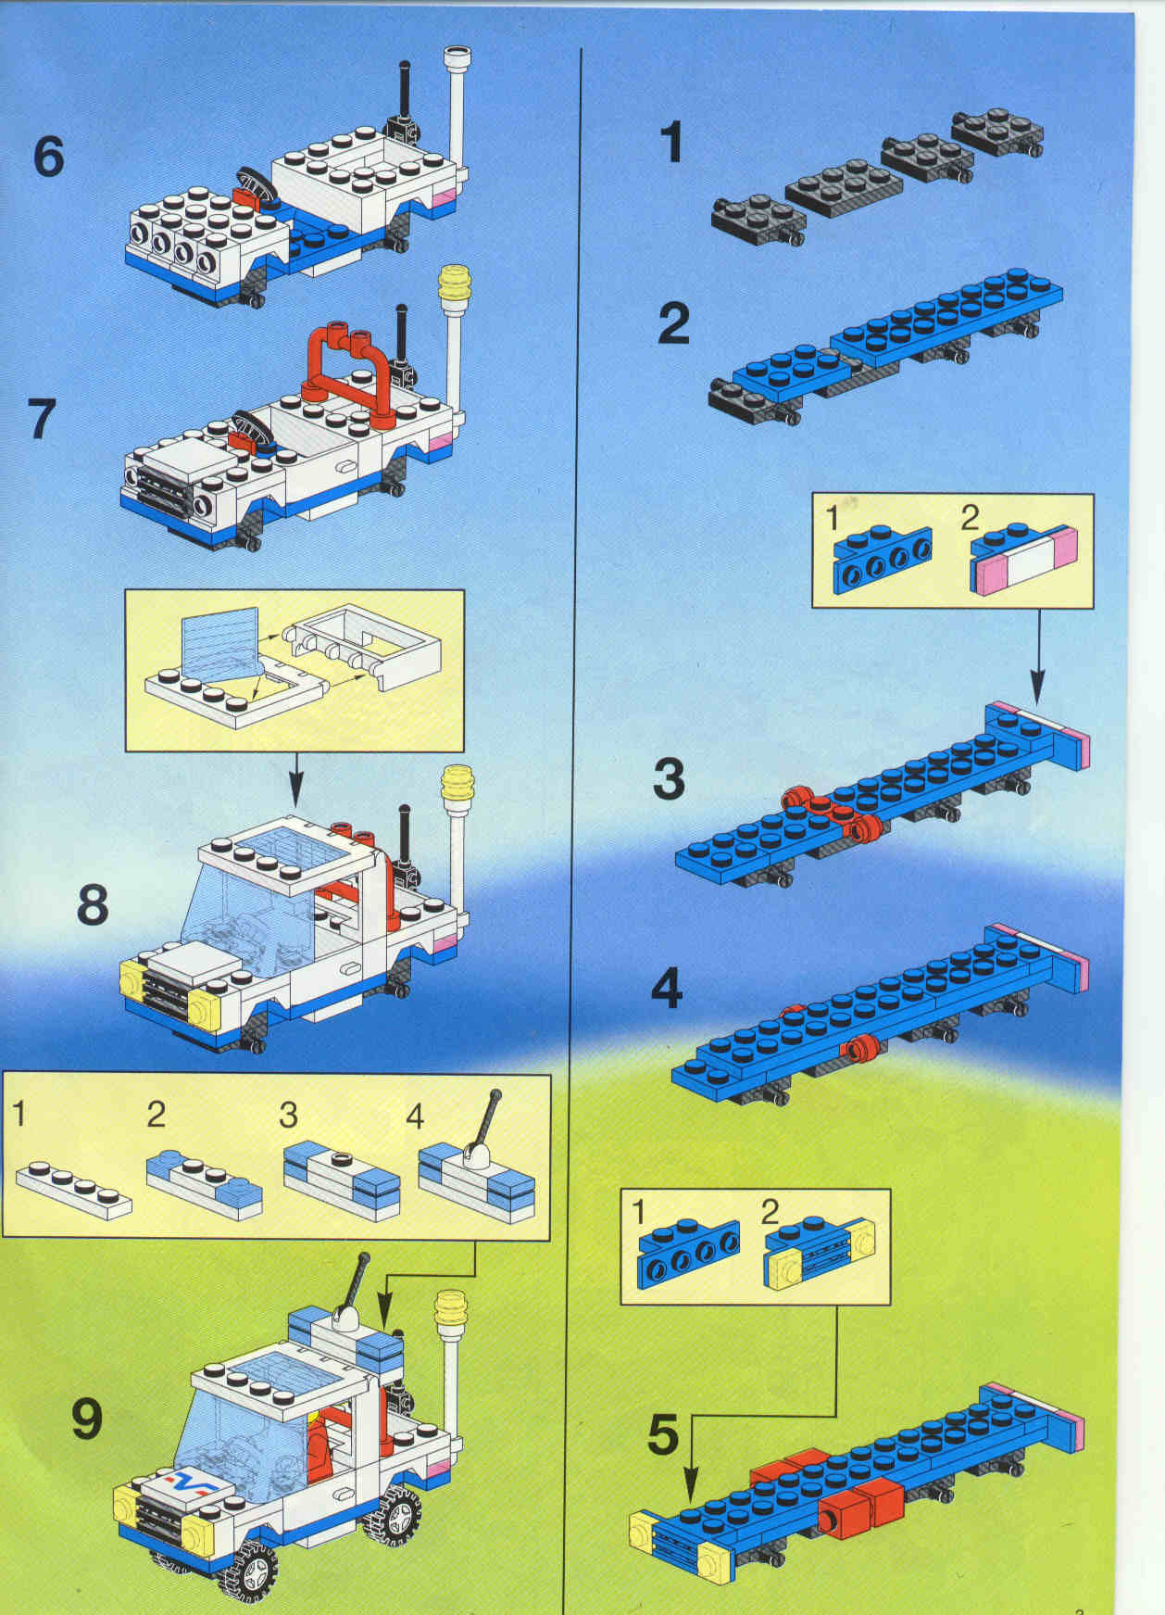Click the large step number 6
click(49, 156)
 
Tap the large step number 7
click(43, 418)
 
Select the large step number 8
click(93, 903)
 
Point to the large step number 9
click(86, 1419)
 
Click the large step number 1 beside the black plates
click(671, 143)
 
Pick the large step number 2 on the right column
click(673, 324)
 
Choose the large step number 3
click(669, 779)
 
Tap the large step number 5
click(663, 1437)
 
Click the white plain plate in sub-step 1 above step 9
click(74, 1187)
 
